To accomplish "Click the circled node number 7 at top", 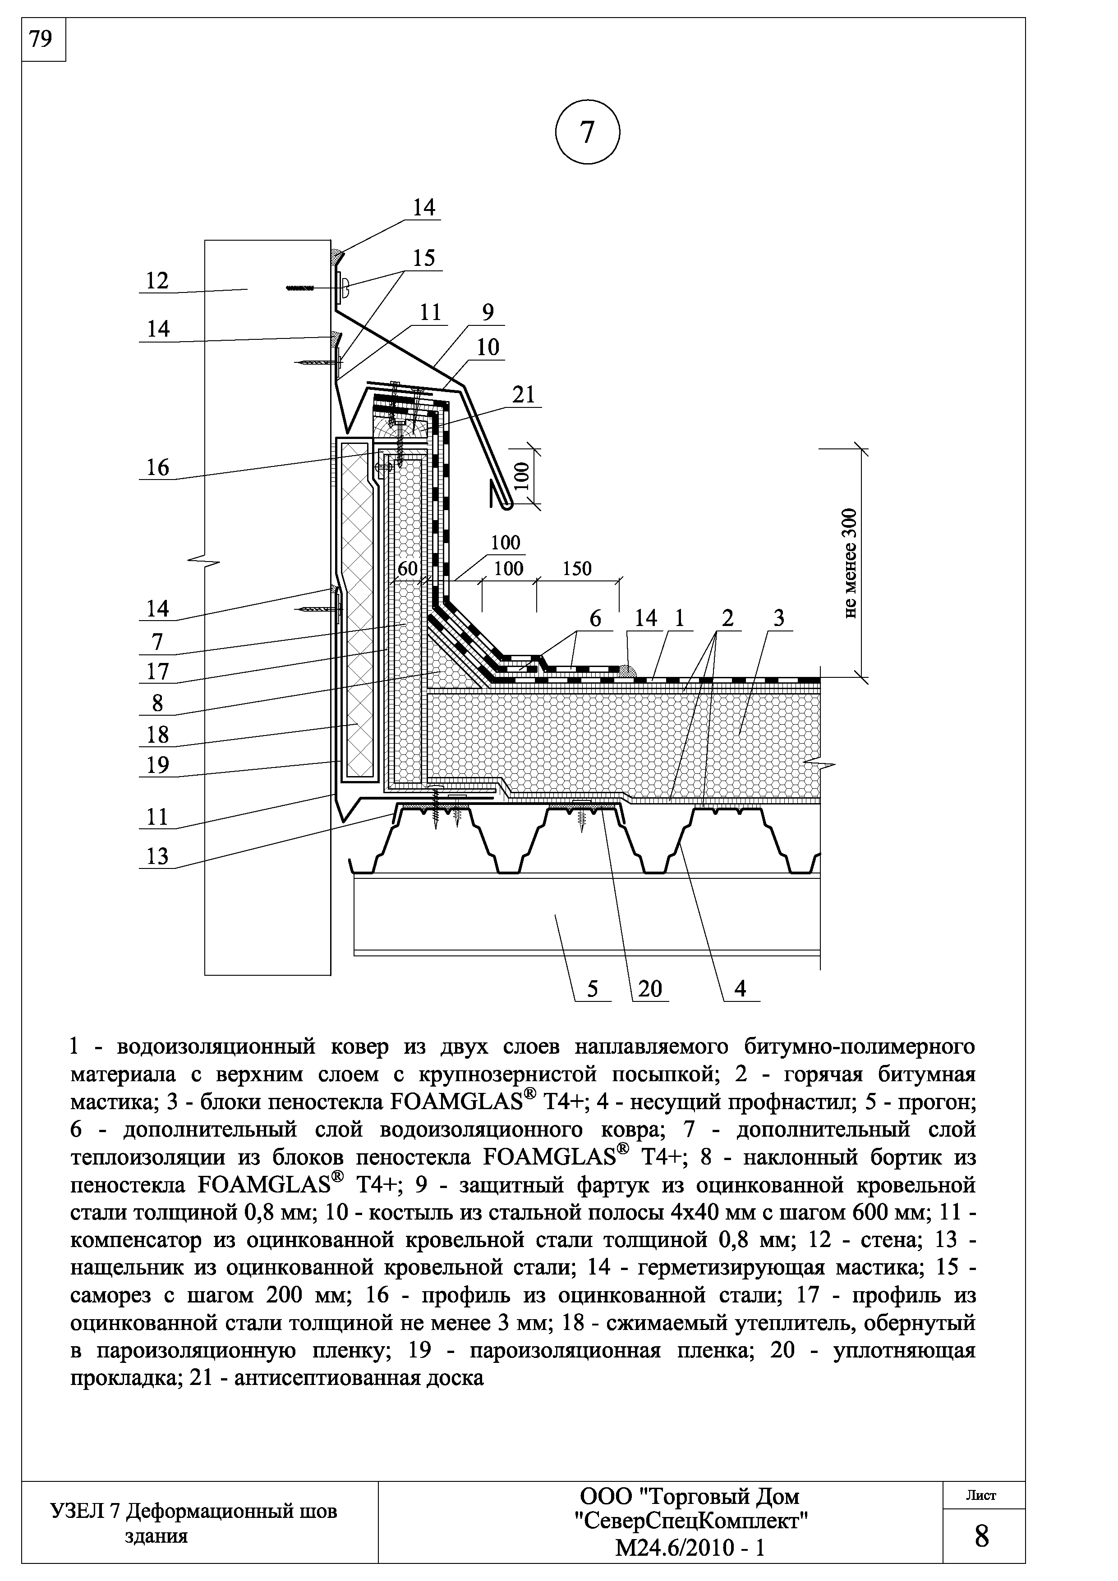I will pyautogui.click(x=587, y=132).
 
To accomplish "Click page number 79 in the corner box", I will pyautogui.click(x=42, y=39).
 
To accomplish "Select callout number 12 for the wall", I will pyautogui.click(x=158, y=280).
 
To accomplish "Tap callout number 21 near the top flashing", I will pyautogui.click(x=524, y=394).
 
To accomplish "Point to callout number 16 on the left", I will pyautogui.click(x=158, y=467).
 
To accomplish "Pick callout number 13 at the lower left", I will pyautogui.click(x=158, y=856).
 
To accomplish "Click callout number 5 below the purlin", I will pyautogui.click(x=593, y=989).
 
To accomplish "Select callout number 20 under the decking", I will pyautogui.click(x=649, y=989).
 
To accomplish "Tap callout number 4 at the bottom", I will pyautogui.click(x=741, y=989).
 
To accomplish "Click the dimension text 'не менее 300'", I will pyautogui.click(x=851, y=562).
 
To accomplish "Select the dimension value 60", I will pyautogui.click(x=408, y=569).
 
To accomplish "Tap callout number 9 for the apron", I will pyautogui.click(x=488, y=313).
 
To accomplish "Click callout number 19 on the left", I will pyautogui.click(x=158, y=765).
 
